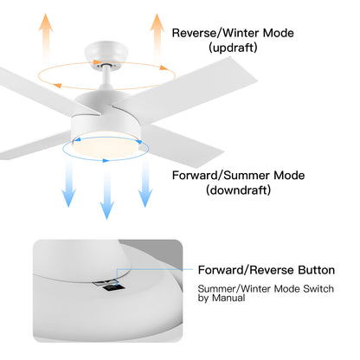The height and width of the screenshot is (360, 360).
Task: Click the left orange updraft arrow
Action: click(46, 36)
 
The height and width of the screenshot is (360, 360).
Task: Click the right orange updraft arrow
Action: click(157, 36)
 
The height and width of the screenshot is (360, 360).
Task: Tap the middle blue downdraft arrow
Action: click(107, 194)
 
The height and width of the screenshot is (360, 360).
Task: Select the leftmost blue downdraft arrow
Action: click(68, 183)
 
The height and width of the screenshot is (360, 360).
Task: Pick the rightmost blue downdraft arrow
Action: click(145, 183)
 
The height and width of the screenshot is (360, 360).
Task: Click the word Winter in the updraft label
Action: click(241, 33)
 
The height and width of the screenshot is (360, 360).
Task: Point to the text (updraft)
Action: click(233, 48)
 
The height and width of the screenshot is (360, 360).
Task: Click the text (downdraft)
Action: click(238, 190)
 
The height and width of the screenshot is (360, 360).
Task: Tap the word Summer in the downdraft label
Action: click(247, 176)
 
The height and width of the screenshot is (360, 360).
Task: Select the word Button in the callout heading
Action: click(316, 270)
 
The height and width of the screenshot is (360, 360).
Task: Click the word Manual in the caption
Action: click(228, 298)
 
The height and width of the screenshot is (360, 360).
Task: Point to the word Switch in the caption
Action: click(318, 289)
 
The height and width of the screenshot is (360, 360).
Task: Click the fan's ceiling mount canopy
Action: click(106, 55)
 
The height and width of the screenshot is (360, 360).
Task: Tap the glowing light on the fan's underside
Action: click(106, 146)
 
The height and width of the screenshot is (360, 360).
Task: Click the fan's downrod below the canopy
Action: click(106, 77)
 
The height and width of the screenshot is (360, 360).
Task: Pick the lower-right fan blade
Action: click(181, 145)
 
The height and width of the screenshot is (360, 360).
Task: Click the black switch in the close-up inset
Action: click(113, 287)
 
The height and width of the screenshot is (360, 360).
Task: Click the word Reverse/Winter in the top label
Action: click(215, 33)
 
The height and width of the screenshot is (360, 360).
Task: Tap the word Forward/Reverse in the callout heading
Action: click(247, 270)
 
